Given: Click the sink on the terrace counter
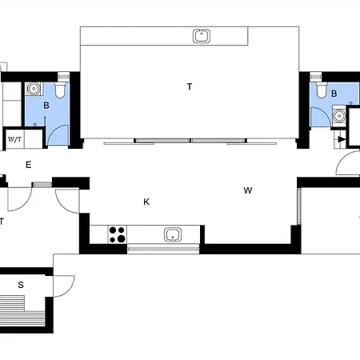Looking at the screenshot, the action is (x=202, y=36).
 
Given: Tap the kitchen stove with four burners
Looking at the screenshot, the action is (x=118, y=234).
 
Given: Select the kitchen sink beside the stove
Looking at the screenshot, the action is (x=173, y=234).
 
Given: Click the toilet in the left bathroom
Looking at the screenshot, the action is (x=61, y=90).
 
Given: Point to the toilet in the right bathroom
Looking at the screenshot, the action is (x=322, y=90).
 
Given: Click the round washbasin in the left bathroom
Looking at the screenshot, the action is (x=34, y=89).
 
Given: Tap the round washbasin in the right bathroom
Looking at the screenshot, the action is (x=339, y=116).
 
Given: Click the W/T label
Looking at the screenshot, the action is (x=14, y=139).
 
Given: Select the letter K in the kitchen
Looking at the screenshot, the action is (x=146, y=202).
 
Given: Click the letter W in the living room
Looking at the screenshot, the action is (x=248, y=190).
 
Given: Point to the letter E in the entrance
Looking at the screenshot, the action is (x=28, y=165).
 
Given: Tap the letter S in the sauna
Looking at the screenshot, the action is (x=21, y=285).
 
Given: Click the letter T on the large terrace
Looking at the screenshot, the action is (x=190, y=86).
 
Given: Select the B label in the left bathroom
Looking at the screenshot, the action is (x=46, y=106).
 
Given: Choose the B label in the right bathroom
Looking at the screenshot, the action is (x=334, y=94).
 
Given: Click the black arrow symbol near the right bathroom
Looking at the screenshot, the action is (x=342, y=139).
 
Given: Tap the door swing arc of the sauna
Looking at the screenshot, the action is (x=70, y=290).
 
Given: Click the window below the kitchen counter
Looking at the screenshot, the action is (x=163, y=249).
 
